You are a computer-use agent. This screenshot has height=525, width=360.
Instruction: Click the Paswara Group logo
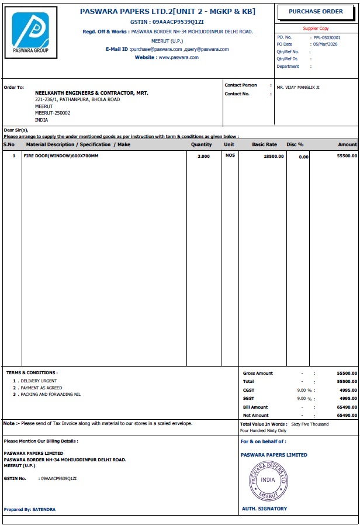pos(31,32)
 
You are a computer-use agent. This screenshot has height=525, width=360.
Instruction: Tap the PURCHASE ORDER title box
pos(316,12)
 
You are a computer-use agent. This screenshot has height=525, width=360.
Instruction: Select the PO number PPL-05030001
pos(327,37)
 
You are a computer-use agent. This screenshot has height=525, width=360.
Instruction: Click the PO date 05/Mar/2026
pos(326,44)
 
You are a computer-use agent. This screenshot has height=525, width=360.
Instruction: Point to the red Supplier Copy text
pos(316,28)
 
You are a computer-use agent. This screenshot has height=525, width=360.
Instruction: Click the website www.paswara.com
pos(178,58)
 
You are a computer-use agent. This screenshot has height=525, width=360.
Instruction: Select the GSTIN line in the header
pos(167,22)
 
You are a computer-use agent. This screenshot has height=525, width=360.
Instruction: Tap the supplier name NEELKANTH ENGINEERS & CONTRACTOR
pos(92,93)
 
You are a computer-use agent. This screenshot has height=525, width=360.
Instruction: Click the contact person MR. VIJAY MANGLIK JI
pos(298,88)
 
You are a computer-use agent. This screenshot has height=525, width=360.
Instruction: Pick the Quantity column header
pos(202,144)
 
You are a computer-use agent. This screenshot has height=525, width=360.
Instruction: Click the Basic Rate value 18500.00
pos(274,157)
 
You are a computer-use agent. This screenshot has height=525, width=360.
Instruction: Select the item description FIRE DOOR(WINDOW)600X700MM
pos(61,157)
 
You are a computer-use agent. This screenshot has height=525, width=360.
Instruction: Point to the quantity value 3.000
pos(203,157)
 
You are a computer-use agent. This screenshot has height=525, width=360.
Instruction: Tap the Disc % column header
pos(295,144)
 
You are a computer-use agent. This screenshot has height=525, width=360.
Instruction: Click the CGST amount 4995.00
pos(348,390)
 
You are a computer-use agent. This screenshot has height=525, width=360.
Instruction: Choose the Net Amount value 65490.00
pos(347,415)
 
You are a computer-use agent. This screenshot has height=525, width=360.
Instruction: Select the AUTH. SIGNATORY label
pos(265,509)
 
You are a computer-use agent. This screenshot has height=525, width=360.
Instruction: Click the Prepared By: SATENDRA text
pos(30,510)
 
